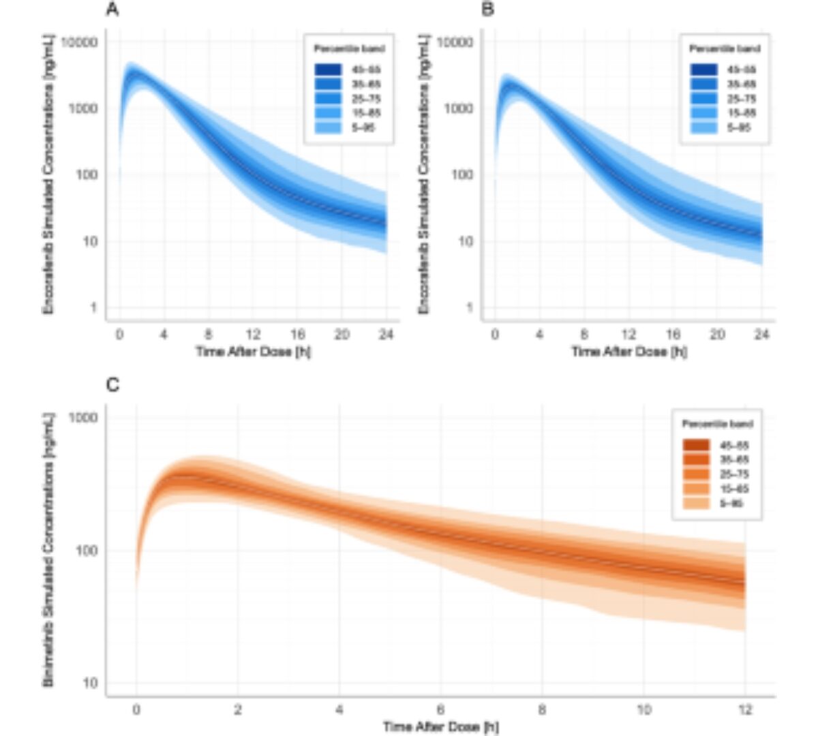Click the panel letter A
point(112,10)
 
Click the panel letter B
point(487,10)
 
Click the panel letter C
point(113,386)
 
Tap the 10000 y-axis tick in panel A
point(80,42)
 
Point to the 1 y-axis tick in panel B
point(469,307)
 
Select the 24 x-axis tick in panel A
point(387,335)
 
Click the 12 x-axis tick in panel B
point(628,335)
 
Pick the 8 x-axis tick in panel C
point(542,710)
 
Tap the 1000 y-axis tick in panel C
point(84,417)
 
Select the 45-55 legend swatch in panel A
point(328,70)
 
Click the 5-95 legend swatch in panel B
point(703,127)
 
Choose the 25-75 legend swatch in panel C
point(696,474)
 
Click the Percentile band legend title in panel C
point(717,424)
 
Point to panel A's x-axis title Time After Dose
point(254,352)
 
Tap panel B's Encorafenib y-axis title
point(424,174)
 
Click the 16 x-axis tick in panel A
point(297,335)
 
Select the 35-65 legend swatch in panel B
point(703,84)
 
